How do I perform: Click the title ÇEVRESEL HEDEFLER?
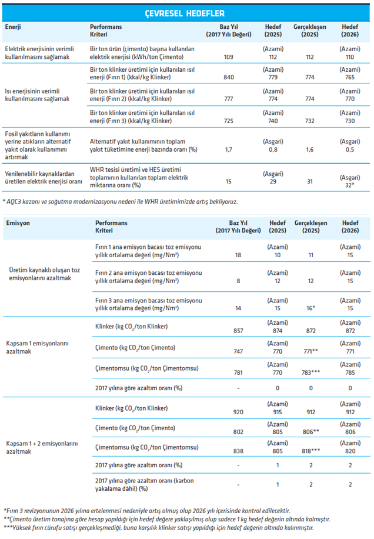click(x=185, y=14)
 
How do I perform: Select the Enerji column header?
click(x=13, y=27)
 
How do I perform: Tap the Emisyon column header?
click(x=18, y=223)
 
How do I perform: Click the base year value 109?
click(x=228, y=57)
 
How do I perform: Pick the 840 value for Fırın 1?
click(x=229, y=77)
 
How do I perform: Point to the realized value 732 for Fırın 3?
click(x=310, y=121)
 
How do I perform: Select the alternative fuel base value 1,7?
click(x=229, y=149)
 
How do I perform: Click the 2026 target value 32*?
click(x=350, y=185)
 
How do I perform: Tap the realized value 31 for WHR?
click(x=310, y=181)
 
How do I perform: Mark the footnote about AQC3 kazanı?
click(x=120, y=201)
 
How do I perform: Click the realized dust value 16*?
click(x=311, y=308)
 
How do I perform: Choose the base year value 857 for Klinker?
click(x=238, y=331)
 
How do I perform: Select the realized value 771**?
click(x=311, y=351)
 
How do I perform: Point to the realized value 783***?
click(x=311, y=372)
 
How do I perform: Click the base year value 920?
click(x=238, y=412)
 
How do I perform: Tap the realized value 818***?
click(x=311, y=451)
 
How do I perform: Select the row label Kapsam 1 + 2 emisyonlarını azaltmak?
click(x=42, y=448)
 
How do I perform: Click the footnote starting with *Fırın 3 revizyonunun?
click(x=146, y=511)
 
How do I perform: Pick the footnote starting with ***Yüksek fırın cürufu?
click(x=159, y=528)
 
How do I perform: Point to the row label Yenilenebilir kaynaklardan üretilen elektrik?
click(x=44, y=178)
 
